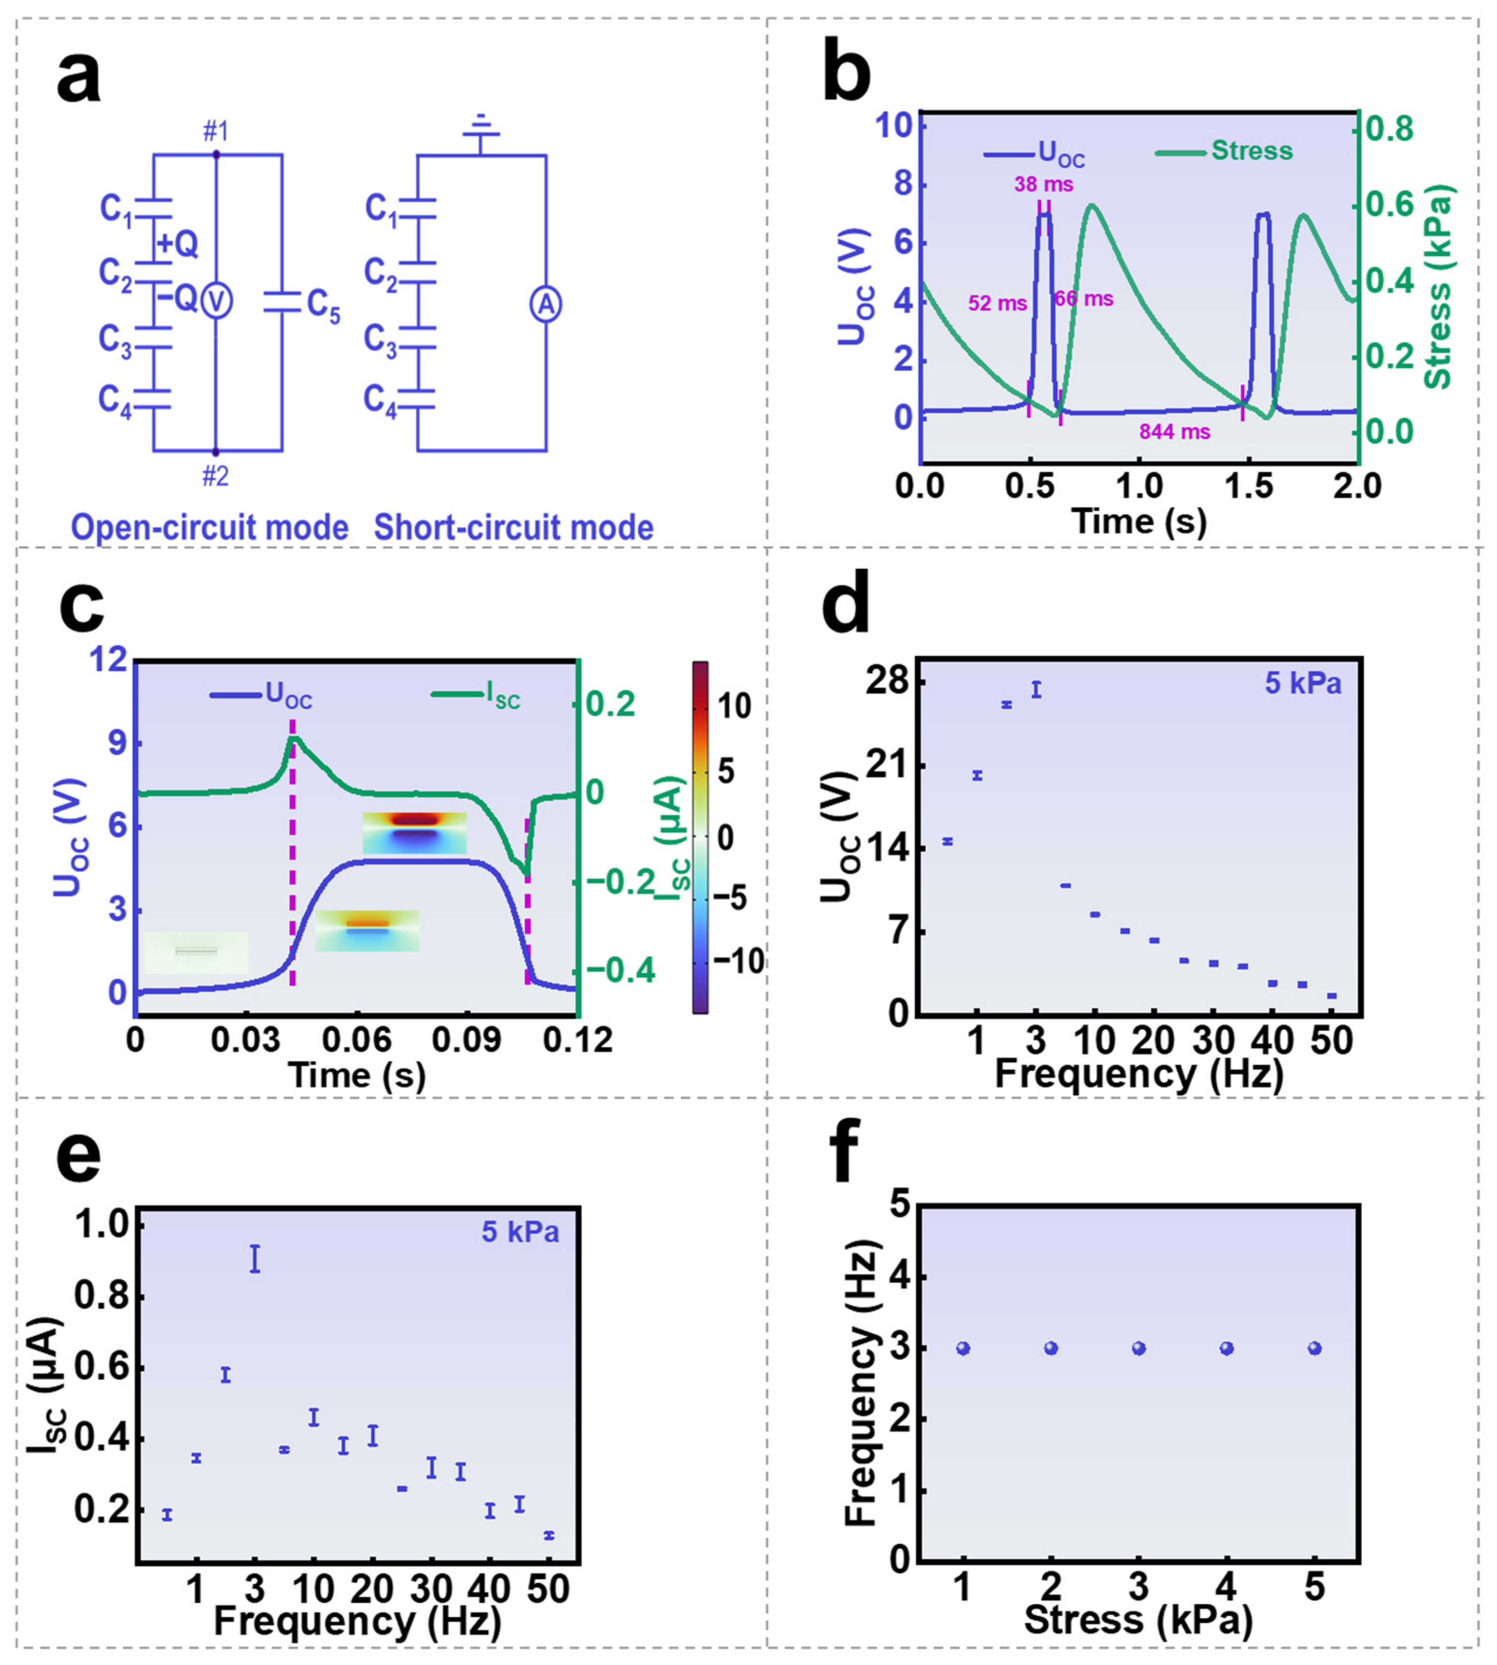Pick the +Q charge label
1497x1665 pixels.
177,244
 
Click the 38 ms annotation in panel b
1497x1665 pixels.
1043,184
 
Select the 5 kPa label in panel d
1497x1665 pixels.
1303,683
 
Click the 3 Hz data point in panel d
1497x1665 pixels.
1037,690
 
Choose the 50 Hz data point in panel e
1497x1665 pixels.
549,1535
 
